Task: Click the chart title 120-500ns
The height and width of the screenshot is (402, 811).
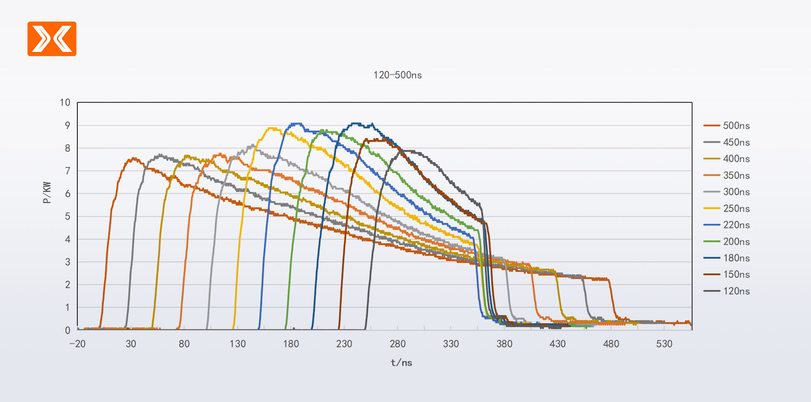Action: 397,75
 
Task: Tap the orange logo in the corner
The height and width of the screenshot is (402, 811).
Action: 52,39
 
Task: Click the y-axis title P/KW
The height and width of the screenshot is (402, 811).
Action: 47,193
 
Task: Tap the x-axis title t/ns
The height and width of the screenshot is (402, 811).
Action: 401,363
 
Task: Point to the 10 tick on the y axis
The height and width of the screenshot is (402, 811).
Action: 65,103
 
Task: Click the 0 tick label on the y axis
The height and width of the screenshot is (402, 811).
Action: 68,330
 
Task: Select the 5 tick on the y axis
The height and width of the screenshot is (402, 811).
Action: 68,216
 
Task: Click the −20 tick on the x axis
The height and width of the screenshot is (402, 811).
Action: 77,344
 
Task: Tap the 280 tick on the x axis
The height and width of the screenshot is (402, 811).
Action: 397,344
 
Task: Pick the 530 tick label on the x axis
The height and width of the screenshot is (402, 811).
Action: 664,344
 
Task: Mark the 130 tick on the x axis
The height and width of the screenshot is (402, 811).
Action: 237,344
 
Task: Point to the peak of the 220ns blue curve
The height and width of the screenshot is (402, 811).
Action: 296,124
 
